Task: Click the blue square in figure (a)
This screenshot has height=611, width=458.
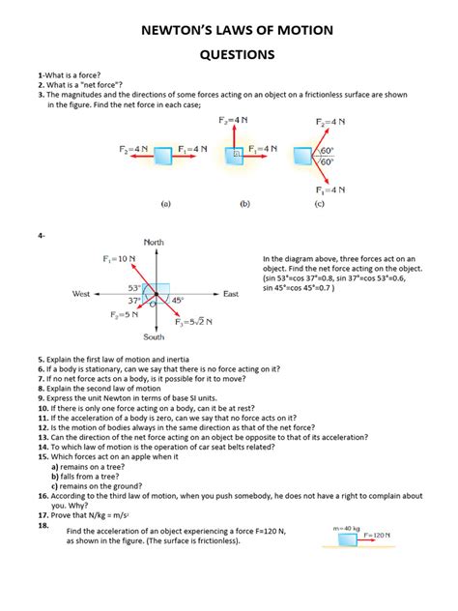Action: point(163,153)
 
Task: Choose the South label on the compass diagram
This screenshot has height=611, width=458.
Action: point(154,337)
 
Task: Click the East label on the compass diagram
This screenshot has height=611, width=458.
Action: point(231,293)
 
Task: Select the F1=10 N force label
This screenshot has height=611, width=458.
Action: point(117,260)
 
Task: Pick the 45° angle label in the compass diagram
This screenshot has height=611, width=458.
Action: point(177,301)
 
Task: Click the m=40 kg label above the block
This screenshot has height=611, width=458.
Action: point(346,527)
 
